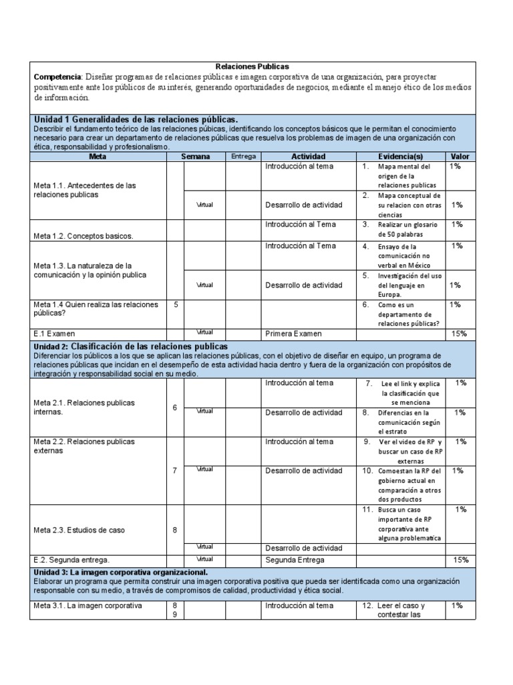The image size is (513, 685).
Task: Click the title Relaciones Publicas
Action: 252,67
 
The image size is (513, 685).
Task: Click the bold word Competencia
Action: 57,77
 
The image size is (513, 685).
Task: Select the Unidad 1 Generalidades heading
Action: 136,118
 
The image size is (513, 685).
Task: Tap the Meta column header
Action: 98,157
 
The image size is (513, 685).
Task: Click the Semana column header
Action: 195,157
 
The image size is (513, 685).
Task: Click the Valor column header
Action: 460,157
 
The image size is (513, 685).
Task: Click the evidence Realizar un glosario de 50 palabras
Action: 405,229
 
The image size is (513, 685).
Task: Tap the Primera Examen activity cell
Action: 293,333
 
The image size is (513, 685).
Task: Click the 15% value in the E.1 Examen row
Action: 459,333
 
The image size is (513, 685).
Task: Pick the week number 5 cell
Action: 176,304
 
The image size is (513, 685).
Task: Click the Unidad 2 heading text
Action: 131,347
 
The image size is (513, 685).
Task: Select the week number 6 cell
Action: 175,407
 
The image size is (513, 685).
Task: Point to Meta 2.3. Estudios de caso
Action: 79,530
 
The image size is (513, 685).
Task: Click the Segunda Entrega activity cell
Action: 295,560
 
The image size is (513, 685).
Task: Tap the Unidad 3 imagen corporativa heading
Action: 121,573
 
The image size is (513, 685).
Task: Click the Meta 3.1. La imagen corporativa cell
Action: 88,606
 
